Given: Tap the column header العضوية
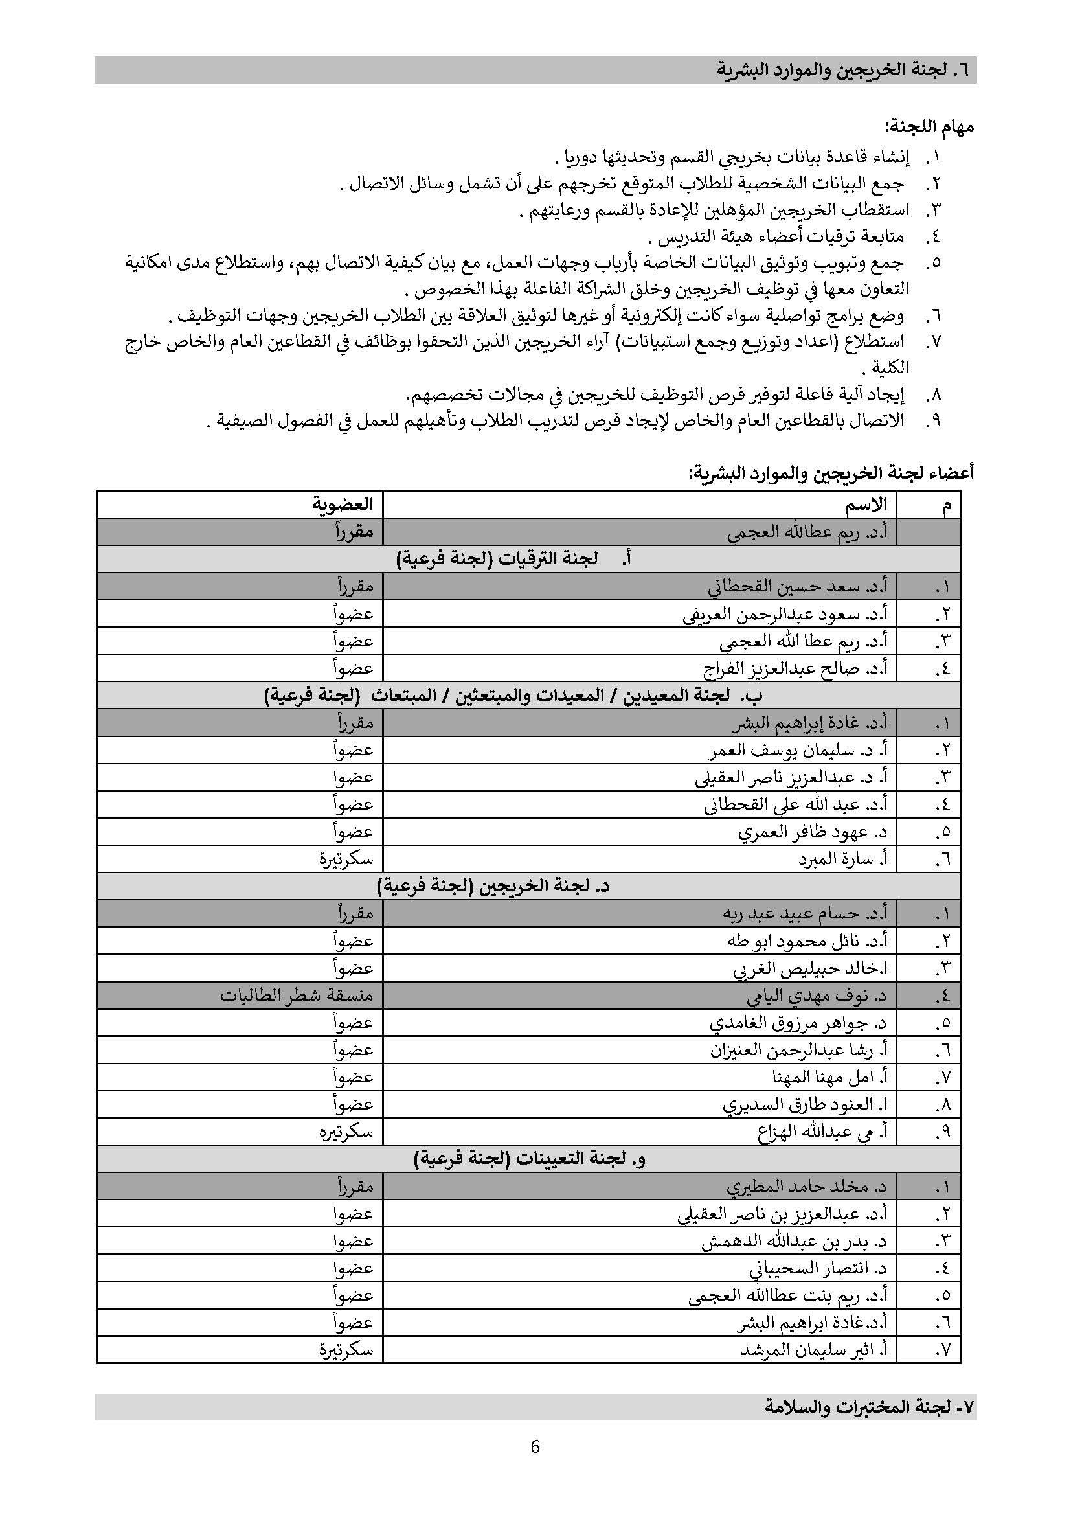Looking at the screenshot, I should pyautogui.click(x=343, y=505).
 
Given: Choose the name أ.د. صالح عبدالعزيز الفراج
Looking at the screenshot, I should pyautogui.click(x=795, y=668).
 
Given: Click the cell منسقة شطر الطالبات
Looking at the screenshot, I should pyautogui.click(x=297, y=995).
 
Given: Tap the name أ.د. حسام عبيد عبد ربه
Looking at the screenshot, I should pyautogui.click(x=805, y=914).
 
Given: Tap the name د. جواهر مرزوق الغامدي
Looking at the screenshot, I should pyautogui.click(x=798, y=1023).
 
